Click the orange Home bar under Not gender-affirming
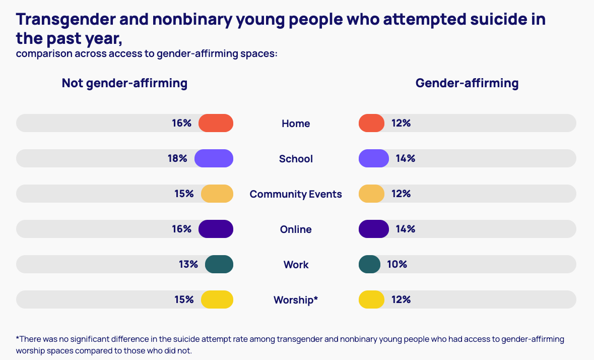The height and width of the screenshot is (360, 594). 216,124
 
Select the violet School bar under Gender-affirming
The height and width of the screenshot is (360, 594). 373,159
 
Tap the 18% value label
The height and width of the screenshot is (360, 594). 177,159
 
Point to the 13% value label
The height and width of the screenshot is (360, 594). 188,264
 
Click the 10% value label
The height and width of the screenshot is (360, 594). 397,264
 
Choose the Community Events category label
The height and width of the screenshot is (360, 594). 296,194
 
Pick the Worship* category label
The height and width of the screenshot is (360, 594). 296,300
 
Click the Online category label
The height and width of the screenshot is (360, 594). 296,229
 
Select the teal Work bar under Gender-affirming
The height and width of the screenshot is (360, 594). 369,264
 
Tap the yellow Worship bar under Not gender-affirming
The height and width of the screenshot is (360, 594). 217,299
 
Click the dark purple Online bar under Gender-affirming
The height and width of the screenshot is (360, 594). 373,229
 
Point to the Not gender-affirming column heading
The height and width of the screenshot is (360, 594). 124,83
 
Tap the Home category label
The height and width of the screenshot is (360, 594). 296,124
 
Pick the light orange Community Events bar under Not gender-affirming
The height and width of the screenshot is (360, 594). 217,194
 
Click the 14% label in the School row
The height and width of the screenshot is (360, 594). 405,159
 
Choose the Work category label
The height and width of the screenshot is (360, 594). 296,265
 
